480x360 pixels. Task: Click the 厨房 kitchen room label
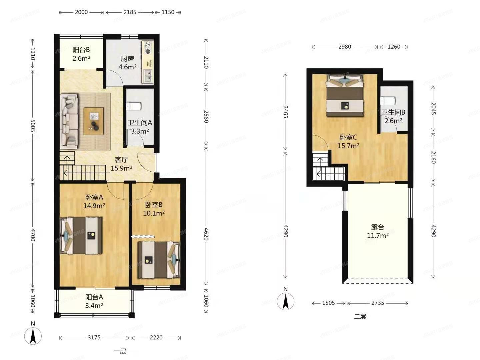click(x=127, y=59)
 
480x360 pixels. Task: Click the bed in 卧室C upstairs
click(x=345, y=95)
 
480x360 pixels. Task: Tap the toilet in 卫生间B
click(x=388, y=100)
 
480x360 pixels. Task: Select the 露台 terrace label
click(x=378, y=228)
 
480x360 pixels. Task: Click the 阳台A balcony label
click(x=94, y=297)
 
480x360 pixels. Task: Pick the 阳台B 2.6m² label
click(x=81, y=54)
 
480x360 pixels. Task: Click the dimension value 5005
click(x=33, y=125)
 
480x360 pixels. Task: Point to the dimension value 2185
click(x=130, y=12)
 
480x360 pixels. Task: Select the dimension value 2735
click(x=377, y=303)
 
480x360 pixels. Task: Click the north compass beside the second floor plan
click(x=285, y=301)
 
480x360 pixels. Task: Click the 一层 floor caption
click(x=120, y=351)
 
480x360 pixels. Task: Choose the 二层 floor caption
click(x=360, y=317)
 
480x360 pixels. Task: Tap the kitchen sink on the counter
click(x=147, y=76)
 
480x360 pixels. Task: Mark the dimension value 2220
click(x=156, y=338)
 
